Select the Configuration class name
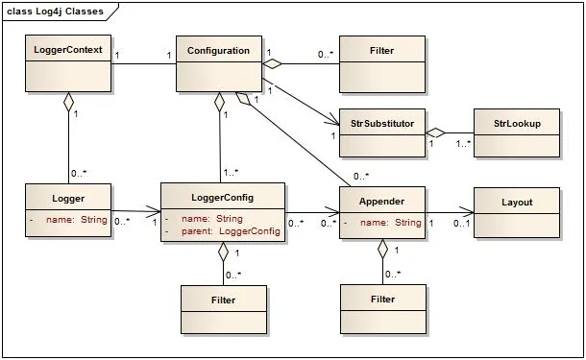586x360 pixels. tap(218, 50)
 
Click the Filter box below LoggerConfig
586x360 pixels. tap(224, 310)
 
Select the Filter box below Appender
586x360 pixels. tap(382, 310)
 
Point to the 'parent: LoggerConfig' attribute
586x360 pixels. tap(230, 231)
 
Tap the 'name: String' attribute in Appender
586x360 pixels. tap(390, 223)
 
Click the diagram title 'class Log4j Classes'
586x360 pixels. tap(55, 11)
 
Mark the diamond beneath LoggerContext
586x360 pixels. tap(68, 102)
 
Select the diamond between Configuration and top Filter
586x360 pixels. tap(274, 64)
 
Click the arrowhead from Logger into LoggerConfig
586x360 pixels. tap(154, 212)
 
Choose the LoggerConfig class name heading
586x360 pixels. tap(223, 197)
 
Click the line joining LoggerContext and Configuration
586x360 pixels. tap(144, 64)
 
